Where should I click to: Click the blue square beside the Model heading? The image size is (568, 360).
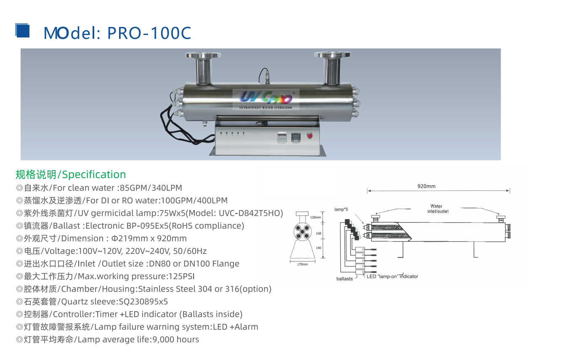point(22,30)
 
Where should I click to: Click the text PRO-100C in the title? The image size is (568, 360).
point(149,33)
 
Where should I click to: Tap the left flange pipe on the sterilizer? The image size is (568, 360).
point(203,69)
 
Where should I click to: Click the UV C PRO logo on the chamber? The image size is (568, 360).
point(266,98)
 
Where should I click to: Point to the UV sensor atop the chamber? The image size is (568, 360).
point(267,77)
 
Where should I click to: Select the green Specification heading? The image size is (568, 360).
point(71,175)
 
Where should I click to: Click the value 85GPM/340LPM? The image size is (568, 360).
point(151,188)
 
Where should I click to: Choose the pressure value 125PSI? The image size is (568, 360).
point(182,276)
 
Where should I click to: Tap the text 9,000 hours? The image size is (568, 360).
point(176,339)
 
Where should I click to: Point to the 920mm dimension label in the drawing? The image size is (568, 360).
point(426,186)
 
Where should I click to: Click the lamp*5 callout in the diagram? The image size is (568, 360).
point(341,209)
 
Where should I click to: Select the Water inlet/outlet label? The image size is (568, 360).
point(438,209)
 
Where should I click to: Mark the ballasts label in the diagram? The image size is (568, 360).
point(344,279)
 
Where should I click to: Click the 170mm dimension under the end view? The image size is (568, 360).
point(302,264)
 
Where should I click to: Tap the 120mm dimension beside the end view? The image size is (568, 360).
point(316,217)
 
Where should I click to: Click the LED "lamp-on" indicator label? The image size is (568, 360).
point(392,277)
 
